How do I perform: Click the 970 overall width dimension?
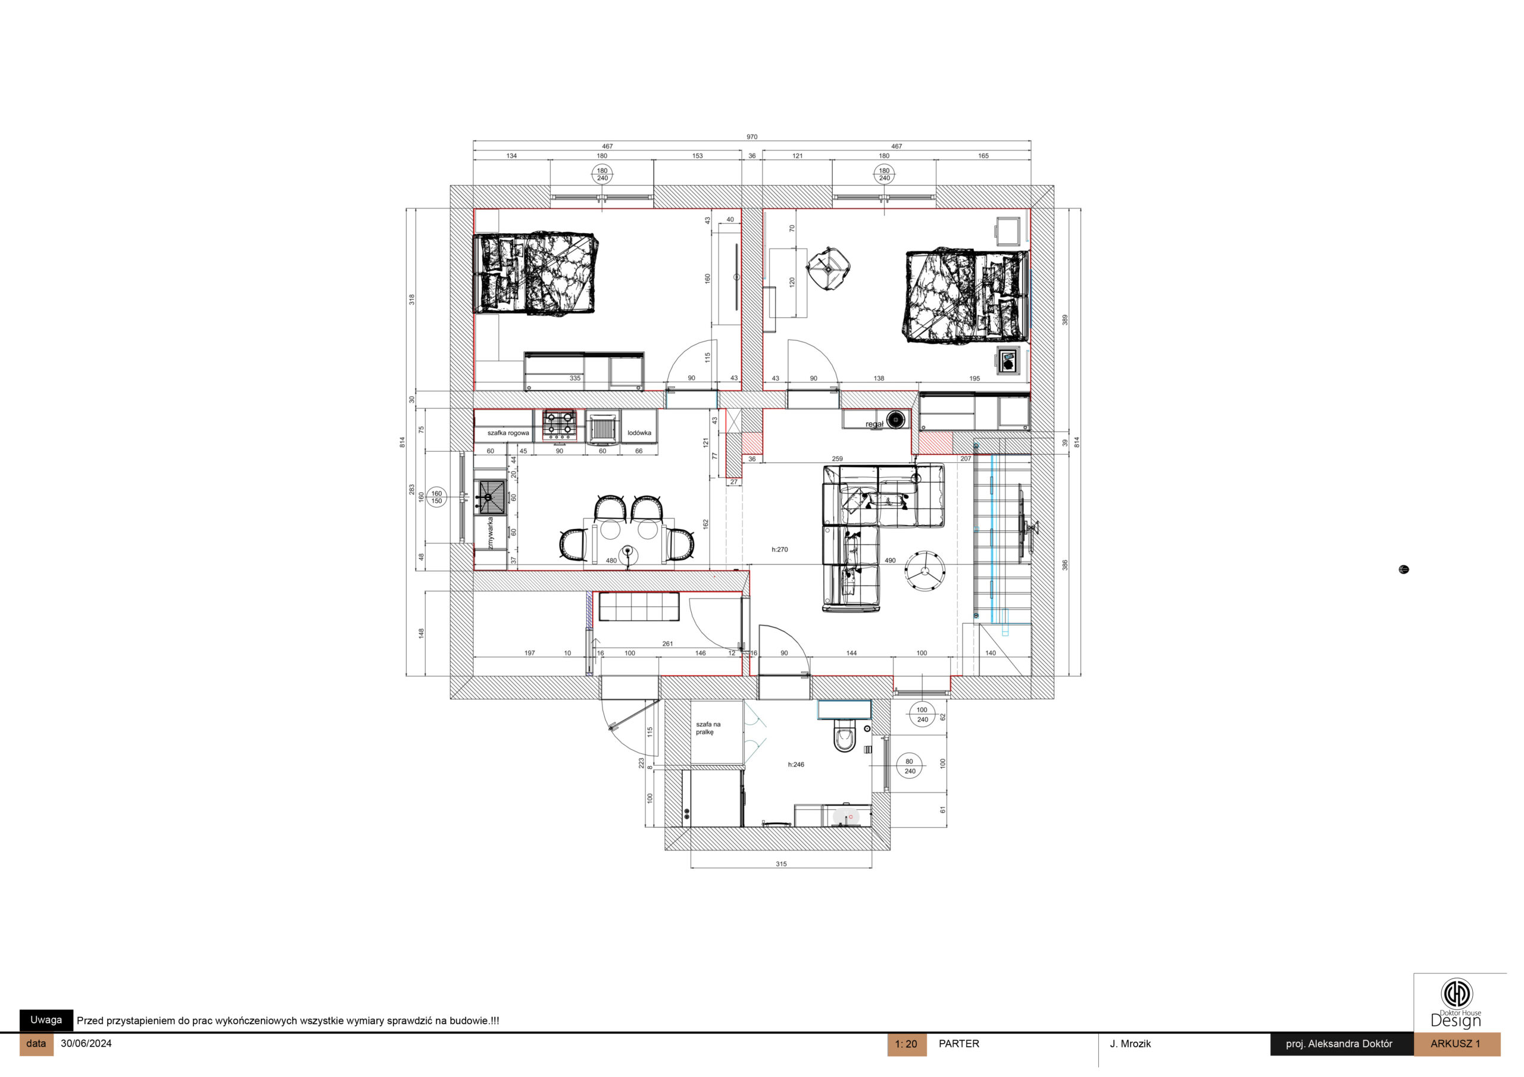751,137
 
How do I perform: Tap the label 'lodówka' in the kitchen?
639,433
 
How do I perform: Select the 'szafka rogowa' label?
508,433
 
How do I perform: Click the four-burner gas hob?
560,425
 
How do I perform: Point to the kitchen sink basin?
492,495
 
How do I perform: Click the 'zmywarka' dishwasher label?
491,534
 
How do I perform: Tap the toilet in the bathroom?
844,737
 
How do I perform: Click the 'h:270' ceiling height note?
780,549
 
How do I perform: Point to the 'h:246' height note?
796,765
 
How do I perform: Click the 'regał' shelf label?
874,424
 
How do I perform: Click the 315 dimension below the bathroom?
781,864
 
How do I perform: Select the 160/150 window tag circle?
437,497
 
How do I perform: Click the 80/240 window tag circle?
910,766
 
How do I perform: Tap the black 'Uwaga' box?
46,1020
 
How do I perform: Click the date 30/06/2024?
86,1043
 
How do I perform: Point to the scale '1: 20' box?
906,1044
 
